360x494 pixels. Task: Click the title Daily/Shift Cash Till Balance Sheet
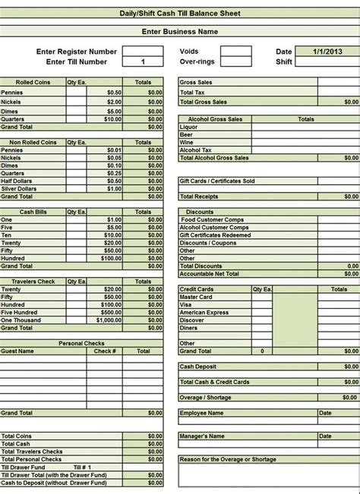pos(180,14)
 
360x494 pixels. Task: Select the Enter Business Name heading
pos(180,32)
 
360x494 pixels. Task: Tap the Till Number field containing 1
pos(143,61)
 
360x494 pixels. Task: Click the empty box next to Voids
pos(235,52)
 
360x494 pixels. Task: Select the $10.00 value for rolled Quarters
pos(112,119)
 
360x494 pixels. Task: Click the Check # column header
pos(105,351)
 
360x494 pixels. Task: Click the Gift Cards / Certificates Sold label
pos(217,181)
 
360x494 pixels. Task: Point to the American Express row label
pos(204,313)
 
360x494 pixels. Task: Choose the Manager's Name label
pos(202,436)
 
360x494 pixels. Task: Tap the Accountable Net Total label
pos(210,273)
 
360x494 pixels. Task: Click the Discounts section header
pos(199,212)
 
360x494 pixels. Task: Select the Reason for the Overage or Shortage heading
pos(228,459)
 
